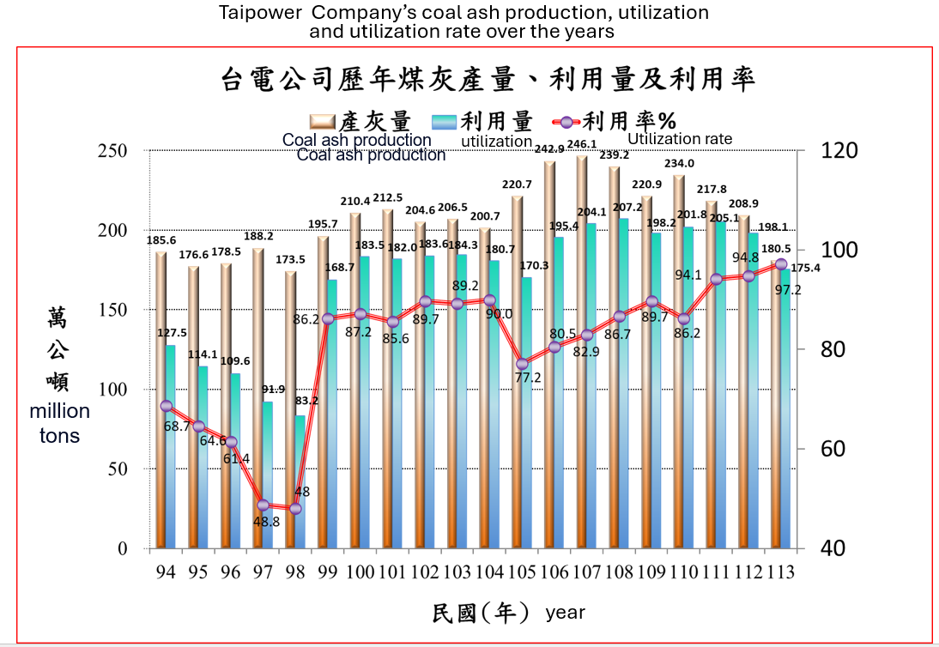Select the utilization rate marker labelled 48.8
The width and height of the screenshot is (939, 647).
point(264,505)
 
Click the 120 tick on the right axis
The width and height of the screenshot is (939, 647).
point(840,151)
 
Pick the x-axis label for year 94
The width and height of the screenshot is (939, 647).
point(166,571)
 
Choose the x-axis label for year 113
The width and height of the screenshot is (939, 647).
point(781,571)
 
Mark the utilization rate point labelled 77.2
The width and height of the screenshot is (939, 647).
point(523,364)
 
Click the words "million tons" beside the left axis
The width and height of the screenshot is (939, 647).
point(59,423)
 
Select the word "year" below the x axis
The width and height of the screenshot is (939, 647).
point(565,612)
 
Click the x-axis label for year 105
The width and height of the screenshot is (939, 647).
point(523,571)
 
